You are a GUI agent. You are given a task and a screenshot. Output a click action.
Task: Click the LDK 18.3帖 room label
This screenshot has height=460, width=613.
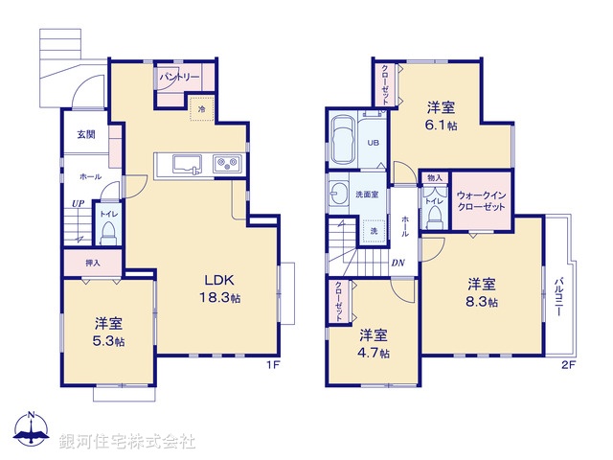[220, 288]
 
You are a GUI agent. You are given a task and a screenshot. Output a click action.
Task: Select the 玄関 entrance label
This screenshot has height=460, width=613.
[85, 135]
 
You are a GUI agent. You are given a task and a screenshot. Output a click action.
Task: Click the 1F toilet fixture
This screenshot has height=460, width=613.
[108, 230]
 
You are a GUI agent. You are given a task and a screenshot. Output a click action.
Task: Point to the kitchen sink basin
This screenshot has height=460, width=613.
[185, 164]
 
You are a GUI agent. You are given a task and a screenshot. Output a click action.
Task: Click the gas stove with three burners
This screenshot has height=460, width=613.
[229, 164]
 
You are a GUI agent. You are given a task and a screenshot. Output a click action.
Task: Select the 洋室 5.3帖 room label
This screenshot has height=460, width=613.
[107, 331]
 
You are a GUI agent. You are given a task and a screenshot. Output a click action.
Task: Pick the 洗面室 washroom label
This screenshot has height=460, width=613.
[367, 194]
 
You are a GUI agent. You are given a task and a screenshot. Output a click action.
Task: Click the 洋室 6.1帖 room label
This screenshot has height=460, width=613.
[442, 116]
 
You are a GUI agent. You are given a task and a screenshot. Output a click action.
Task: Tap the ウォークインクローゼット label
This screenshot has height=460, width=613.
[482, 199]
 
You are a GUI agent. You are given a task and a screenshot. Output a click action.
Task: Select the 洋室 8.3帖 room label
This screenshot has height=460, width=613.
[481, 291]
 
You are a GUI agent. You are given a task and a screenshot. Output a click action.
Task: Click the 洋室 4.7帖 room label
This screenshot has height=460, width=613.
[374, 343]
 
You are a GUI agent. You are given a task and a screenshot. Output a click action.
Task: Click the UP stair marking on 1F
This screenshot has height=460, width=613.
[76, 203]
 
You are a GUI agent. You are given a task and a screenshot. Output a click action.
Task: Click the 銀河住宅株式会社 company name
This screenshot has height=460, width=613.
[126, 442]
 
